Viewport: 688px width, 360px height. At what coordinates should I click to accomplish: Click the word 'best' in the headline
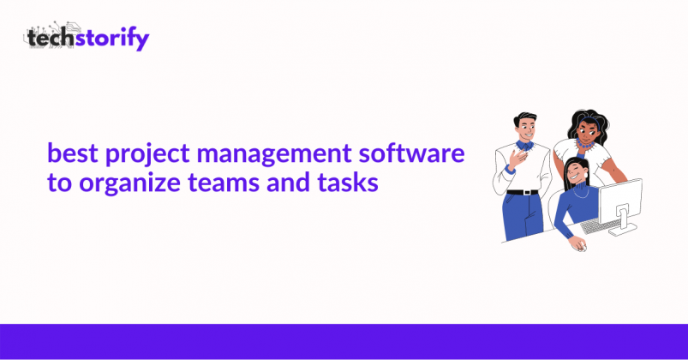(x=72, y=153)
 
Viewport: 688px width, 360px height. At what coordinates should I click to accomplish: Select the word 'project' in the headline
(x=147, y=155)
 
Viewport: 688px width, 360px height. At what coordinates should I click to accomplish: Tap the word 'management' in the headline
(x=274, y=155)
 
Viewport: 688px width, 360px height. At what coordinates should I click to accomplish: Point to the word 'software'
(x=411, y=153)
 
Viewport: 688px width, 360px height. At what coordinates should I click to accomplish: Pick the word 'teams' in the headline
(x=224, y=183)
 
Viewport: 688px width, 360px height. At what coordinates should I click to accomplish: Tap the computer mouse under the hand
(x=580, y=247)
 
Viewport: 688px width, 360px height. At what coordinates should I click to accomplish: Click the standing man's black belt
(x=523, y=192)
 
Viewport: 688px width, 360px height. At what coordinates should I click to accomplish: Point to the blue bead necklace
(x=585, y=143)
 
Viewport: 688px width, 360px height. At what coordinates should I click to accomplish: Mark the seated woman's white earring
(x=586, y=176)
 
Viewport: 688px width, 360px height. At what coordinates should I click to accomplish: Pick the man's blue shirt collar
(x=524, y=145)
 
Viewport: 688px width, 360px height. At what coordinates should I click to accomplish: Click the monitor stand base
(x=623, y=229)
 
